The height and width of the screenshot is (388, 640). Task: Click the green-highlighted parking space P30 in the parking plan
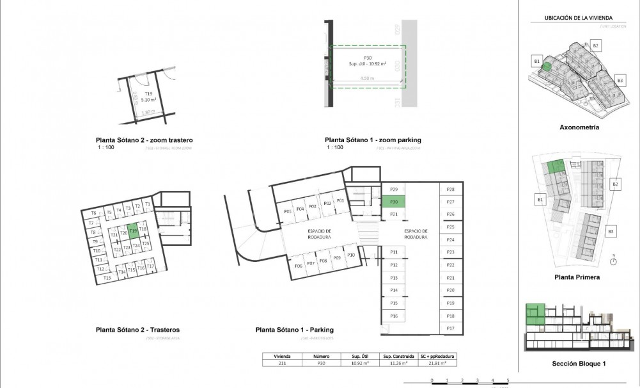[x=394, y=202]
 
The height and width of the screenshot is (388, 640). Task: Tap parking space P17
[x=450, y=328]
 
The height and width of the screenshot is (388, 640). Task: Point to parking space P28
[x=450, y=190]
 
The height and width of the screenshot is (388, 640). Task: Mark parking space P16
[x=394, y=316]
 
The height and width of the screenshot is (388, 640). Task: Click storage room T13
[x=107, y=278]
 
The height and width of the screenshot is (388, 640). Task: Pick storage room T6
[x=93, y=213]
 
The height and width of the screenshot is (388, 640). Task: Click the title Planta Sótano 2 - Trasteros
[x=142, y=330]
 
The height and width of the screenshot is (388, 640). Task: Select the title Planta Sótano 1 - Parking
[x=295, y=330]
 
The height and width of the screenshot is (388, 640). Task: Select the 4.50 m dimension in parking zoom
[x=366, y=78]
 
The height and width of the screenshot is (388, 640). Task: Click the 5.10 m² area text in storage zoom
[x=148, y=100]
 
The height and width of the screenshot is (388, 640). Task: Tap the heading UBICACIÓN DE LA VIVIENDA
[x=579, y=18]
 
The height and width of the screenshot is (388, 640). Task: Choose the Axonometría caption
[x=579, y=127]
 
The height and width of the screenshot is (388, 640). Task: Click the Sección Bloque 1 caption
[x=579, y=364]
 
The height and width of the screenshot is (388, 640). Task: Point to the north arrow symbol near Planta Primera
[x=613, y=260]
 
